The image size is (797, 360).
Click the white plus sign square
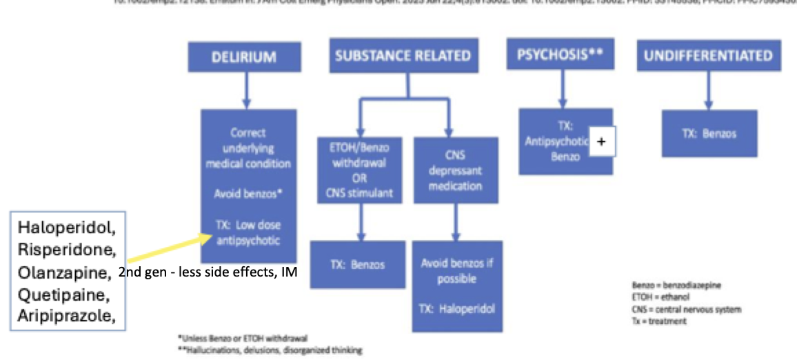pyautogui.click(x=601, y=141)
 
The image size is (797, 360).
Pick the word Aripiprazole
pyautogui.click(x=65, y=316)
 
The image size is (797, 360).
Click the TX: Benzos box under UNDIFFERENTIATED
pyautogui.click(x=709, y=133)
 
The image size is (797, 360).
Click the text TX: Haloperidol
pyautogui.click(x=457, y=308)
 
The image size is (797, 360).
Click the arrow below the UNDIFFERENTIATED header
pyautogui.click(x=708, y=89)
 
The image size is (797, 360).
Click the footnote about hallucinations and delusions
pyautogui.click(x=270, y=350)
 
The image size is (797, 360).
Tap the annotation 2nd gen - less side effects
pyautogui.click(x=208, y=273)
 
